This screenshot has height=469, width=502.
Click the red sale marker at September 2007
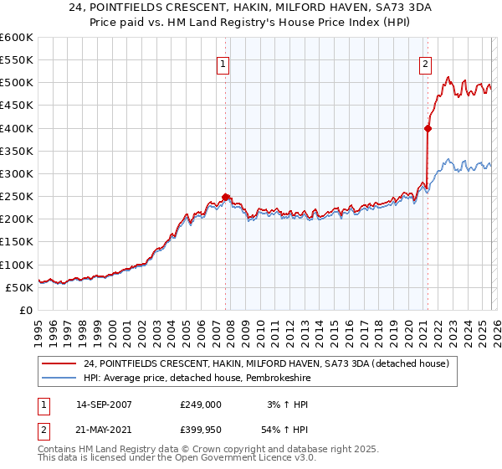click(225, 197)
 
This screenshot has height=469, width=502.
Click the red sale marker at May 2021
click(428, 128)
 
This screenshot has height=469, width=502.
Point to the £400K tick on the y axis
click(16, 128)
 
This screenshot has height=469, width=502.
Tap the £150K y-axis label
click(16, 242)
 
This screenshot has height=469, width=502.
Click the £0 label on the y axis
click(27, 310)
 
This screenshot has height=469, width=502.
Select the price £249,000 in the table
click(200, 405)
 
